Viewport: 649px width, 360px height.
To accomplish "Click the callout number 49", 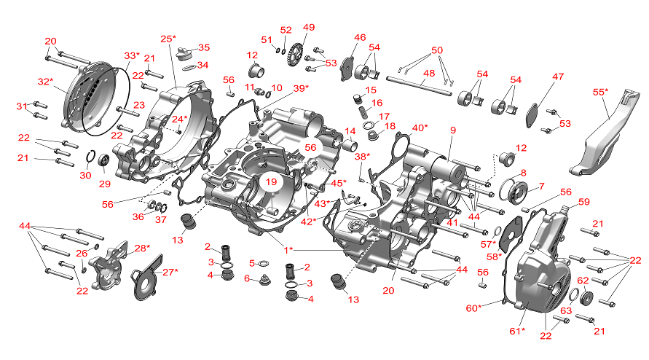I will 309,28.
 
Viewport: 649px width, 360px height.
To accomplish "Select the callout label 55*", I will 600,93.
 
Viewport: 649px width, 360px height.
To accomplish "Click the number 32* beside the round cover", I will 45,82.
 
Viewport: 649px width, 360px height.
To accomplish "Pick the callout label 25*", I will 168,39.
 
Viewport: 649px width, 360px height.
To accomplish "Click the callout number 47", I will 558,77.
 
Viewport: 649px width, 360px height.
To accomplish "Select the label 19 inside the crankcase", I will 271,181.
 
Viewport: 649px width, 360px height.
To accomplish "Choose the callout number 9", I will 452,130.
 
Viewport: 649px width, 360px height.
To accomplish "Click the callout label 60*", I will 473,308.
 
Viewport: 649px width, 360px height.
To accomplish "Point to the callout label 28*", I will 141,249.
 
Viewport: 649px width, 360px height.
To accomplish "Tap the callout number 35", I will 204,48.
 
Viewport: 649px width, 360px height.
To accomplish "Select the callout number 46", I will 360,37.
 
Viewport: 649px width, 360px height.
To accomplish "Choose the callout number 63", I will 566,311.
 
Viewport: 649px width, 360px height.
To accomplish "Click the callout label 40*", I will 419,128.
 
